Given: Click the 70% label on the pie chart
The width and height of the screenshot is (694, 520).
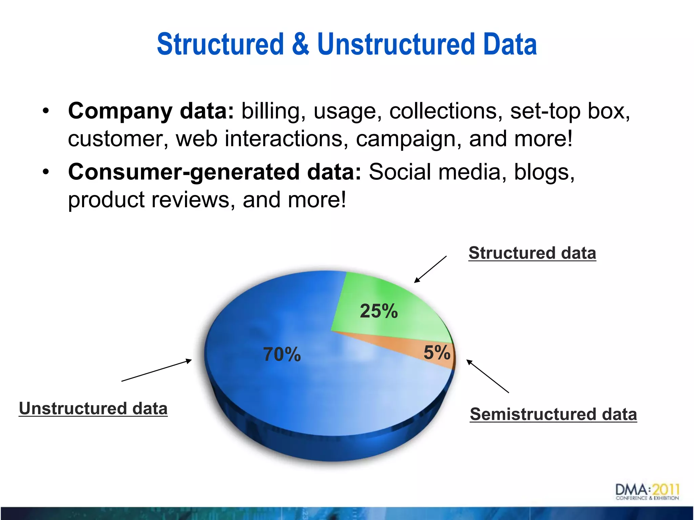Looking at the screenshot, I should (282, 354).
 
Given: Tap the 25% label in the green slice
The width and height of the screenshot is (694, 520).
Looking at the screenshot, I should (379, 311).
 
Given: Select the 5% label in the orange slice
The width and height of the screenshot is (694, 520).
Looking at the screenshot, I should (437, 352).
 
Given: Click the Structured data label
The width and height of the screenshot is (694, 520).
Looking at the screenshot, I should (532, 253).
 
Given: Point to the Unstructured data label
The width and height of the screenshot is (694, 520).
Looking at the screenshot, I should (93, 408).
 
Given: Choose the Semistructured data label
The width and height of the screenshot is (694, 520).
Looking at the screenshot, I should (553, 414).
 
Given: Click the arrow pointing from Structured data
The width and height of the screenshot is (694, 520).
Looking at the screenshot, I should (430, 269).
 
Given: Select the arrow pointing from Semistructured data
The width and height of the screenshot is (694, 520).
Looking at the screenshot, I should (488, 376).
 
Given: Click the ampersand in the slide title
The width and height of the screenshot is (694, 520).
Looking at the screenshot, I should (300, 44).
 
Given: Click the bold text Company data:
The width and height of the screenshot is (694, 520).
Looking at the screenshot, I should (151, 111).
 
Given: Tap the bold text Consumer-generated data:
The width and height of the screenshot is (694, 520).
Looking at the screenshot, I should (215, 172).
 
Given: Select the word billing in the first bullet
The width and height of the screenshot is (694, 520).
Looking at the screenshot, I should (270, 111).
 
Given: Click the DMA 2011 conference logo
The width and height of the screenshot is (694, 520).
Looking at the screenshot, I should (647, 492).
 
